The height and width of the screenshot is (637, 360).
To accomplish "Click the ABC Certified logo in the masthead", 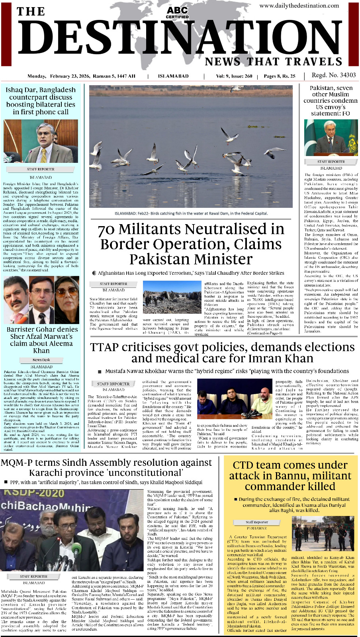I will click(x=177, y=12).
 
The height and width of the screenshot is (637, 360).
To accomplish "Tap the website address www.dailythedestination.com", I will click(x=299, y=6).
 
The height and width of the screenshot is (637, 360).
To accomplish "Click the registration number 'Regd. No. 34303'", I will click(x=334, y=75).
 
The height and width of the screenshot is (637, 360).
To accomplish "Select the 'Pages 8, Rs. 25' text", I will click(x=280, y=76).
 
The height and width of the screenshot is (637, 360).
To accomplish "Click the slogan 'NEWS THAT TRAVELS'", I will click(x=274, y=62).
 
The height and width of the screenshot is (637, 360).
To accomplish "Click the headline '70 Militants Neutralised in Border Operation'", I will click(x=191, y=244).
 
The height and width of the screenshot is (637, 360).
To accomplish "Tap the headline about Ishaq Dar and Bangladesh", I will click(x=41, y=101).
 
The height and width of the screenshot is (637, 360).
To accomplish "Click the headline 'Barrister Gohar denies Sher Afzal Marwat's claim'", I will click(x=42, y=340).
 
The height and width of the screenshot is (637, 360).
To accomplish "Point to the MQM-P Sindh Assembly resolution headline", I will click(x=106, y=467).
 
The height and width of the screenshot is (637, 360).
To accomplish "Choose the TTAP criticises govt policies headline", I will click(x=222, y=352).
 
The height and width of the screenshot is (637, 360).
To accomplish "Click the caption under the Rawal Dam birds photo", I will click(x=191, y=213).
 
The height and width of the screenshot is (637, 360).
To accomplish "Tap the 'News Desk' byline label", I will click(x=41, y=360).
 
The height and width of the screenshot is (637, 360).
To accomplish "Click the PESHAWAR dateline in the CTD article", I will click(x=257, y=528).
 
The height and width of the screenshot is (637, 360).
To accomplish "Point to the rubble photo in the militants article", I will click(x=166, y=298).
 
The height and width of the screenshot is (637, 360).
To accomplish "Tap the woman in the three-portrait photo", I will click(x=67, y=300).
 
